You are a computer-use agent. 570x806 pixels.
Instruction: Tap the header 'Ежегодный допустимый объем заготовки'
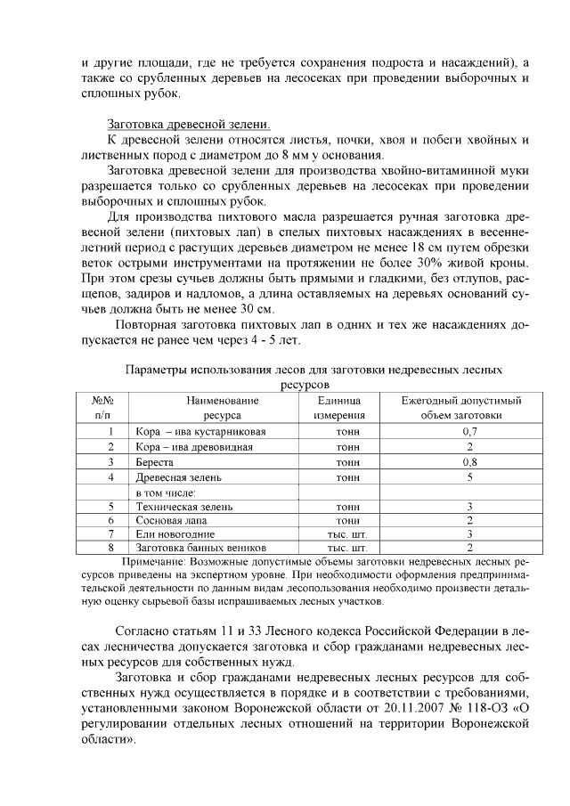pyautogui.click(x=460, y=408)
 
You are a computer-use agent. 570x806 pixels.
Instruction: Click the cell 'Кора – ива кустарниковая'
pyautogui.click(x=200, y=431)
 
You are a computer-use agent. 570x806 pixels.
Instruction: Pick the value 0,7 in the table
pyautogui.click(x=469, y=431)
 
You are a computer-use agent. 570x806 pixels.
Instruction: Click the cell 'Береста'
pyautogui.click(x=154, y=462)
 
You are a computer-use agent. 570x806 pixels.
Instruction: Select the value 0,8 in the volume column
pyautogui.click(x=469, y=462)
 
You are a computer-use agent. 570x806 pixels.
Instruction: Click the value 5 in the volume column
pyautogui.click(x=469, y=477)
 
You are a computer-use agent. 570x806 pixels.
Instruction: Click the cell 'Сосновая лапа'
pyautogui.click(x=172, y=520)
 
